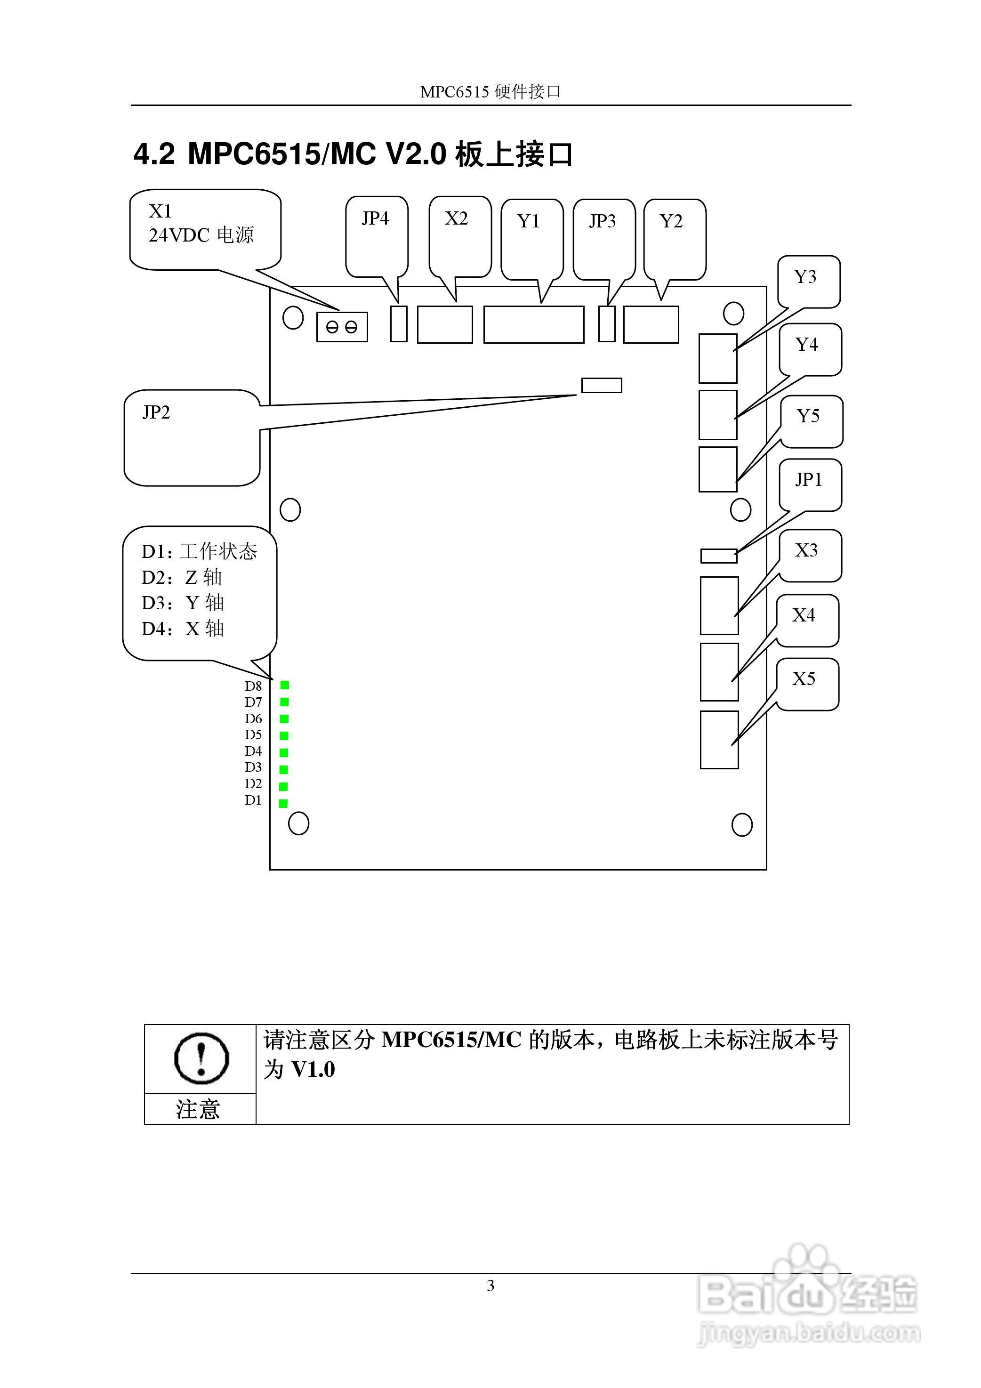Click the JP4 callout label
click(375, 219)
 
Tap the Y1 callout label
click(529, 222)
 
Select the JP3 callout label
click(602, 221)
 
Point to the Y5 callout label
click(808, 417)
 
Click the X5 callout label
click(804, 679)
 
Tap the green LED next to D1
click(283, 803)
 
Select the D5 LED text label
click(253, 735)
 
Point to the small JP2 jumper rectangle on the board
click(602, 385)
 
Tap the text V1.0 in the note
click(313, 1070)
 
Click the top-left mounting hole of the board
click(292, 317)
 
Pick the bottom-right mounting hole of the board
click(742, 824)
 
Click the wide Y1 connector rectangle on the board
click(534, 324)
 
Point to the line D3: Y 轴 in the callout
click(183, 603)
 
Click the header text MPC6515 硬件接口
click(490, 92)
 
